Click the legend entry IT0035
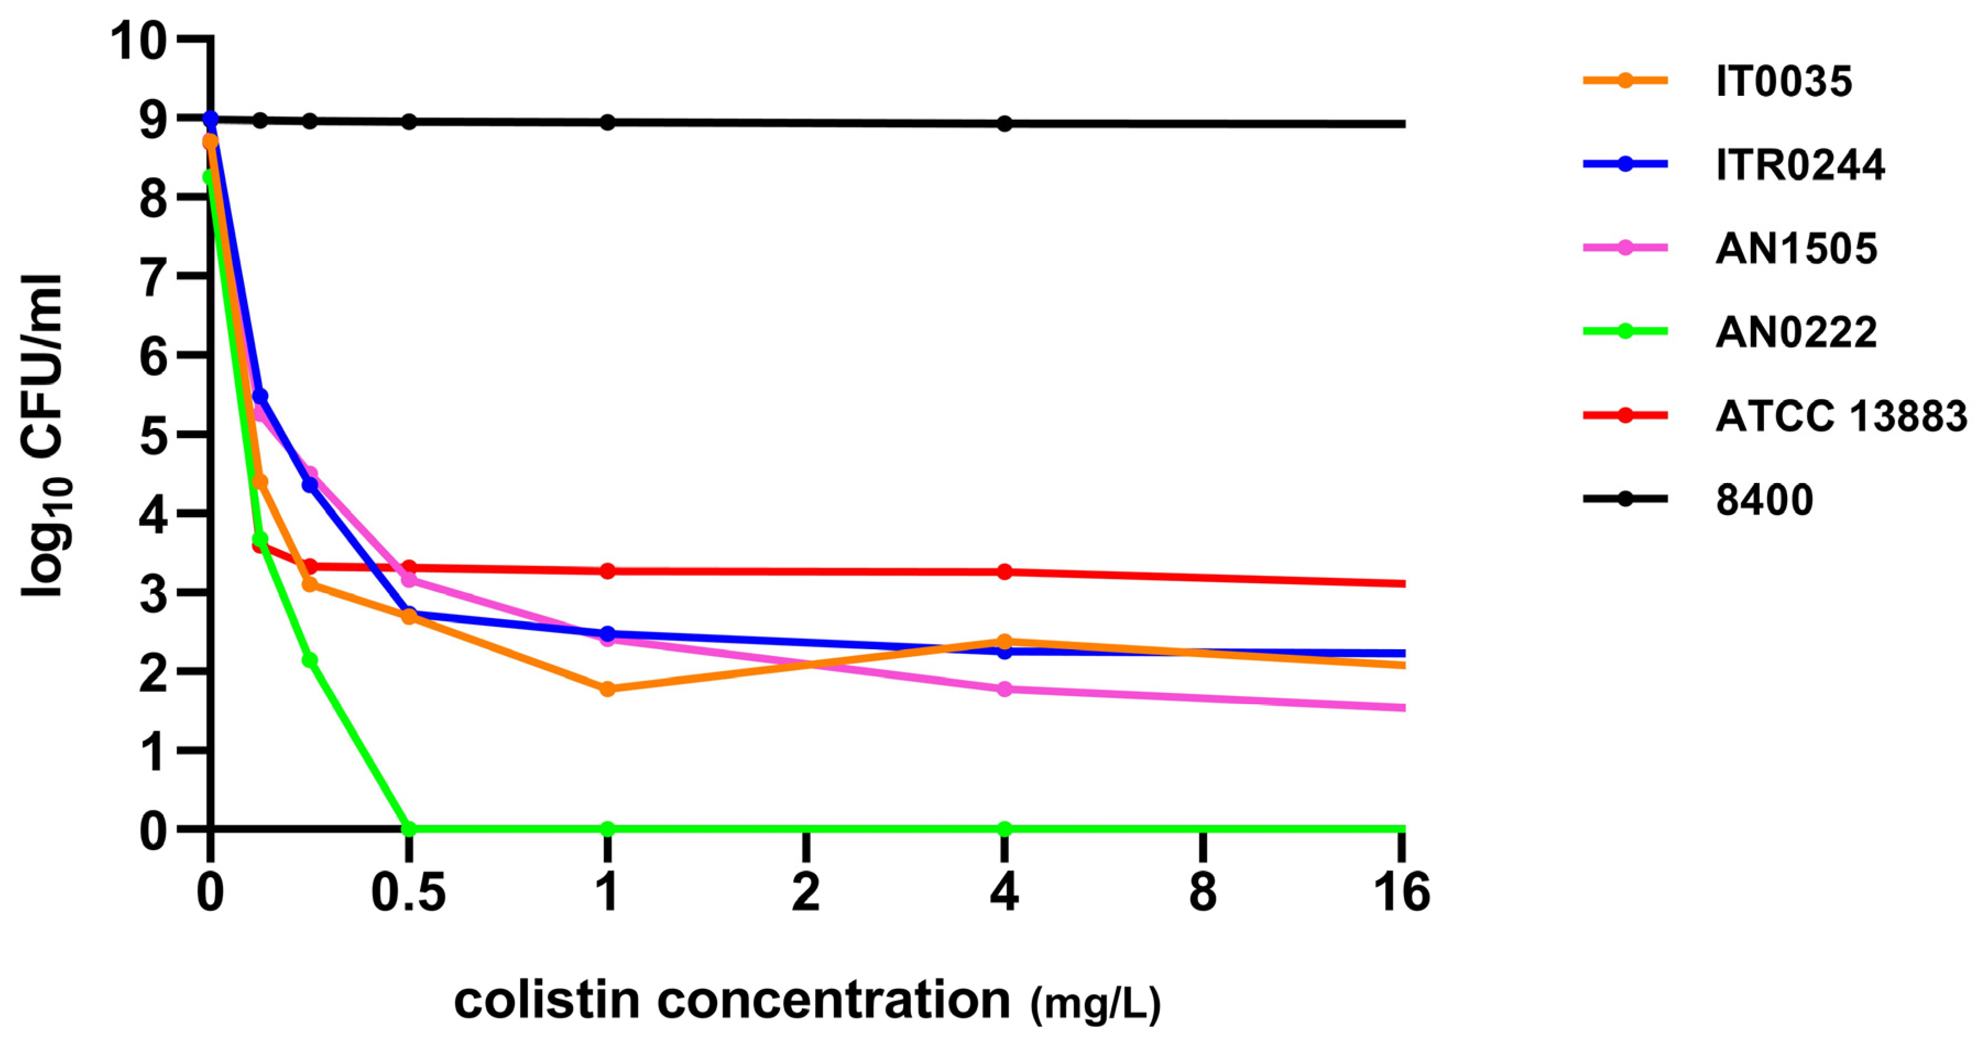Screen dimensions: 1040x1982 tap(1783, 81)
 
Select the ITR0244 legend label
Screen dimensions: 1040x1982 tap(1800, 165)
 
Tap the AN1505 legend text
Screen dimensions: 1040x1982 tap(1796, 249)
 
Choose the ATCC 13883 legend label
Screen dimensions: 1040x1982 tap(1841, 416)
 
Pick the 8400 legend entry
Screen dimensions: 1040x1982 tap(1764, 500)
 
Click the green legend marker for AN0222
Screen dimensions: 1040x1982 tap(1625, 332)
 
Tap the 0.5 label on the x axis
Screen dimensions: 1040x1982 tap(408, 893)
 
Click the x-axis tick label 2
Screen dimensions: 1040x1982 tap(806, 893)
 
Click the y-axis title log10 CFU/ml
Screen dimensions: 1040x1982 tap(45, 435)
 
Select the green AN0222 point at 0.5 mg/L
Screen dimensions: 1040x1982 tap(408, 829)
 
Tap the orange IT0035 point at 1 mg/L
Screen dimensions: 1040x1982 tap(607, 688)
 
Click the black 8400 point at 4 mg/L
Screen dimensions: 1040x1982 tap(1004, 124)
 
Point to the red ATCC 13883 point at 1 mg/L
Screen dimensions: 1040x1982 tap(607, 571)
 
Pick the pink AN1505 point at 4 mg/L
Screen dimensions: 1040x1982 tap(1004, 689)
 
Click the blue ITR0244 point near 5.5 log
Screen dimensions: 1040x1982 tap(260, 396)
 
